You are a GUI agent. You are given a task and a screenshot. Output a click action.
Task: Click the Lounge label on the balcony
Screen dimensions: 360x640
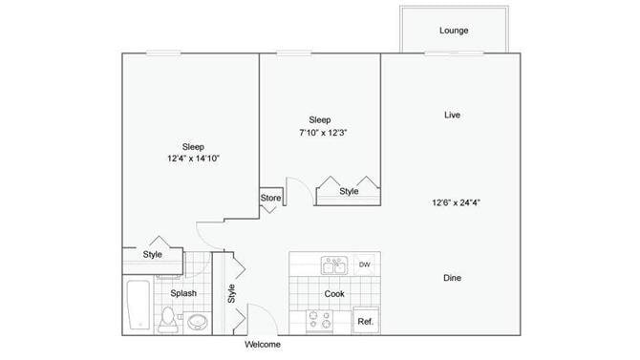[454, 31]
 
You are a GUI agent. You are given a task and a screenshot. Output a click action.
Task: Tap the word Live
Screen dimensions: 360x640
[453, 116]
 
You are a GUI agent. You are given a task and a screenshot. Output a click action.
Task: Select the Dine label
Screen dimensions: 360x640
[453, 278]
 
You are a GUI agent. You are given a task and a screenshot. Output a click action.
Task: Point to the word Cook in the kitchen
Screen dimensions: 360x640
[333, 294]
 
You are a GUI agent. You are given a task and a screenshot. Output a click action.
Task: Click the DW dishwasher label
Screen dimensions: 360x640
[364, 265]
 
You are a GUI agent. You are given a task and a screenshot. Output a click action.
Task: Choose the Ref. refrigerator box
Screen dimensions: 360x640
[365, 322]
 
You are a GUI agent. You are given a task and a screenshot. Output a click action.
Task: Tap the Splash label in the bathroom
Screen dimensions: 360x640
[183, 294]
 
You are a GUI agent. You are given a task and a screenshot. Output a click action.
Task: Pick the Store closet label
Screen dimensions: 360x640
[270, 199]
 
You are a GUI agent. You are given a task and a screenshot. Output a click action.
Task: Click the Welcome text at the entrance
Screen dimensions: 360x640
[264, 344]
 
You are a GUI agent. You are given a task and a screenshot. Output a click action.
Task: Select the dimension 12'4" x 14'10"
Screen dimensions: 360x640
[193, 159]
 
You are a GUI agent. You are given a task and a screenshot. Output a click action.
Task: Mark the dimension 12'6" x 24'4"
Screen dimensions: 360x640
[453, 201]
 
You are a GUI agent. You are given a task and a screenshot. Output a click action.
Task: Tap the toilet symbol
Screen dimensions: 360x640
[168, 319]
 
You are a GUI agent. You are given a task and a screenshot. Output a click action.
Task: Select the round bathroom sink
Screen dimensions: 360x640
[198, 321]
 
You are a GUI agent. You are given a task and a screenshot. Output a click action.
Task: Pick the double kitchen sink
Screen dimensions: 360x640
[333, 265]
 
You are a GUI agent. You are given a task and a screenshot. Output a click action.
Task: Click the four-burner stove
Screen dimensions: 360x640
[319, 321]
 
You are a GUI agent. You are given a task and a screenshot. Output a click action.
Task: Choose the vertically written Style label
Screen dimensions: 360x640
[231, 294]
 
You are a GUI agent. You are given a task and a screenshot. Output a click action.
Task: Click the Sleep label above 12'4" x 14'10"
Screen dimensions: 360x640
[193, 146]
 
